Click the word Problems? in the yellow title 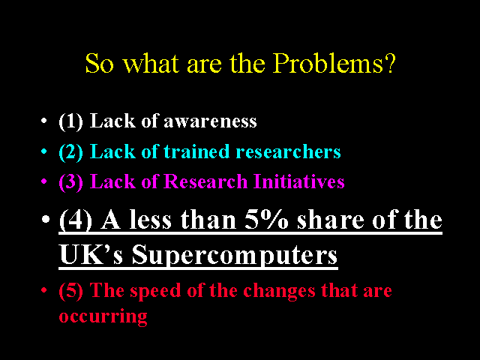[334, 64]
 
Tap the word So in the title [99, 63]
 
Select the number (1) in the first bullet [70, 121]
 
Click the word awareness [210, 121]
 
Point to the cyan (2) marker [70, 151]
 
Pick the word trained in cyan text [196, 151]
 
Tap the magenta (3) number [70, 181]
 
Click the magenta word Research [205, 181]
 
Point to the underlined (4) [75, 220]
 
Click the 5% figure [266, 220]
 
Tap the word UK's [91, 254]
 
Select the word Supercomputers [235, 256]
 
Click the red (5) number [70, 290]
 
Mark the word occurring [103, 316]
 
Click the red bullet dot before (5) [44, 289]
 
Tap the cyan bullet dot [44, 151]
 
